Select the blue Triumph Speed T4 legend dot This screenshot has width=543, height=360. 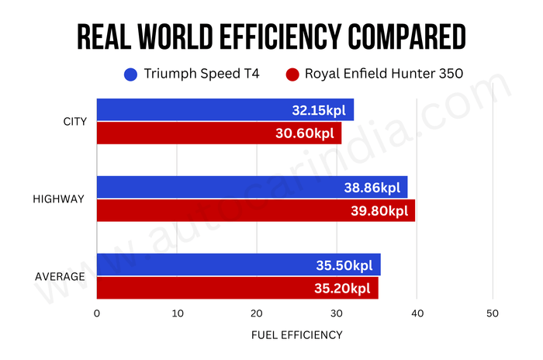click(x=130, y=75)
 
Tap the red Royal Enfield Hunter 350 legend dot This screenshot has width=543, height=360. click(x=292, y=75)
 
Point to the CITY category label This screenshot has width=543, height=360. click(x=75, y=121)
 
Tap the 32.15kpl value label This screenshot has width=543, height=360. click(x=320, y=110)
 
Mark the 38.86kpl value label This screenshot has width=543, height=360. click(x=373, y=188)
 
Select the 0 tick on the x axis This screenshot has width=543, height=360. click(x=97, y=313)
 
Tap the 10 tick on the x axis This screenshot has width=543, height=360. click(x=177, y=313)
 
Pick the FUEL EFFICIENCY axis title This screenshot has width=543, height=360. click(x=296, y=335)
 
